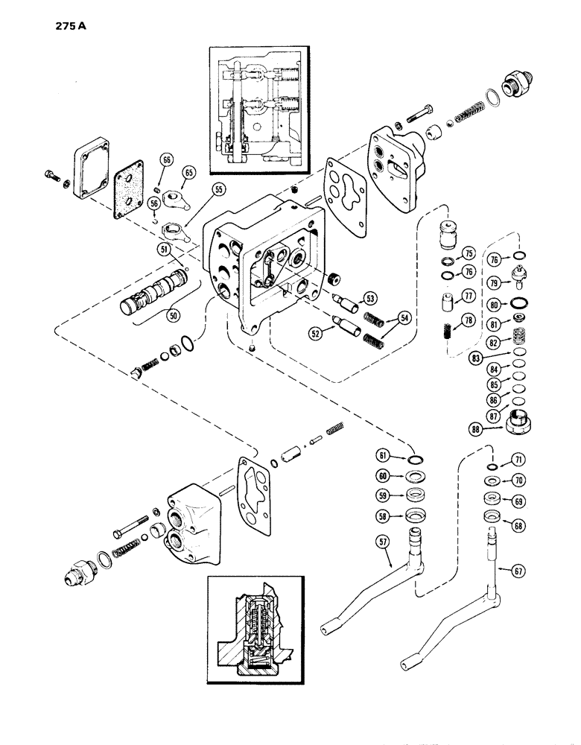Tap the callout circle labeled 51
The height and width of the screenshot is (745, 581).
(162, 250)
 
